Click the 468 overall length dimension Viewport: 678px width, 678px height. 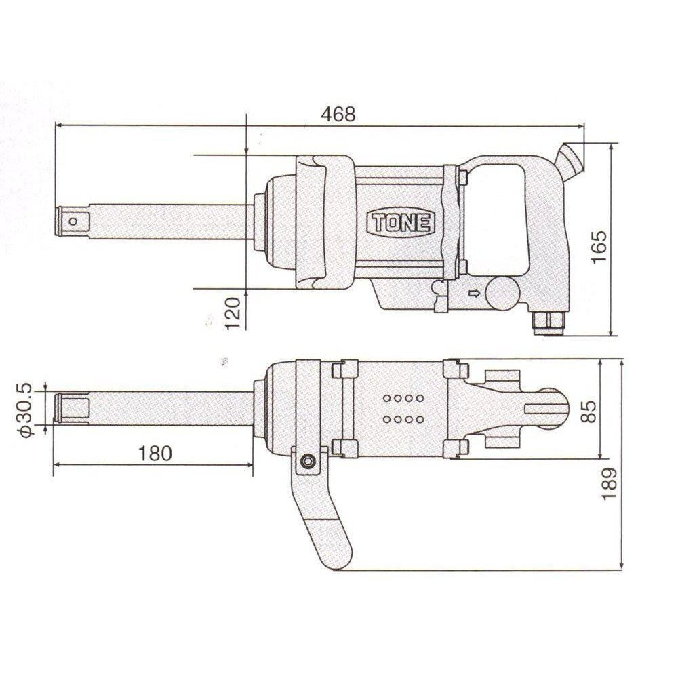point(339,114)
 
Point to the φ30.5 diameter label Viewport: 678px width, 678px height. point(25,409)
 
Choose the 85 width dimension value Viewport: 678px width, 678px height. point(590,411)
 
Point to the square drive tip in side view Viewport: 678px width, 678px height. point(71,220)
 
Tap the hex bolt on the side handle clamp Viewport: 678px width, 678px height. point(307,461)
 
